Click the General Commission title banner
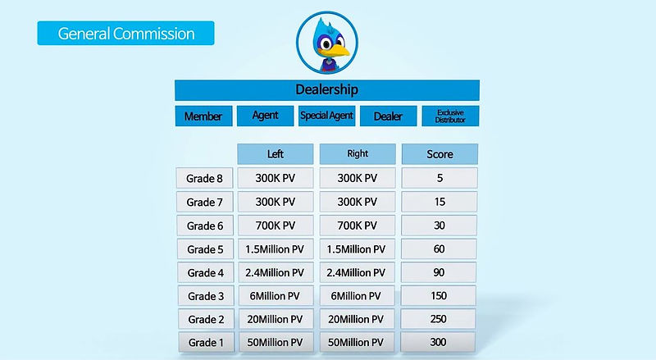[x=125, y=34]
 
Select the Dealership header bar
[x=326, y=89]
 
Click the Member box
[x=203, y=116]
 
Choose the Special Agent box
[x=326, y=116]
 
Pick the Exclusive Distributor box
[x=450, y=116]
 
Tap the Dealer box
[x=388, y=116]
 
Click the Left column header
[x=276, y=154]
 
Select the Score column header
[x=440, y=154]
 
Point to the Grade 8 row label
[x=204, y=178]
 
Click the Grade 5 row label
[x=204, y=249]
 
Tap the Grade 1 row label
[x=204, y=342]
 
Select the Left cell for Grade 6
[x=276, y=226]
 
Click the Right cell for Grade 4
[x=358, y=272]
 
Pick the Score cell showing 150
[x=440, y=296]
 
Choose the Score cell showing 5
[x=440, y=178]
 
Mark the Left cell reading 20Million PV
[x=276, y=319]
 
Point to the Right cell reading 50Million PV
[x=358, y=342]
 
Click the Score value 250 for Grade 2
[x=440, y=319]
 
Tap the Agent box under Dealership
[x=265, y=116]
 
